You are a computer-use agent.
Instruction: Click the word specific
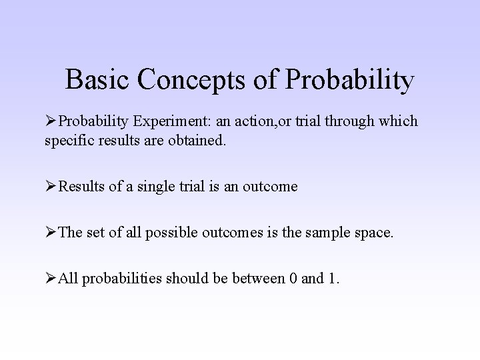(x=68, y=141)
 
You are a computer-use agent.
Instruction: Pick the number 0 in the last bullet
(x=293, y=278)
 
